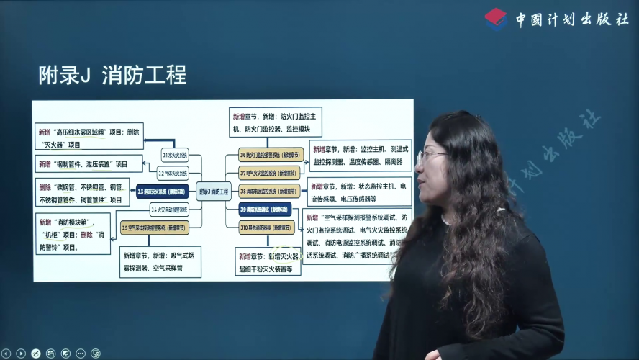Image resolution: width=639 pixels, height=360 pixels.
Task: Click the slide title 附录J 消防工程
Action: tap(112, 74)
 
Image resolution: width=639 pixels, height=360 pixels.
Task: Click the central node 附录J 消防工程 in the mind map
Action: tap(213, 192)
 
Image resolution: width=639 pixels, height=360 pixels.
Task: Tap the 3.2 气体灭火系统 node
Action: tap(173, 174)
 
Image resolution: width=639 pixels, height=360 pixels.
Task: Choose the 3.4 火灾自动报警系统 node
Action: tap(170, 210)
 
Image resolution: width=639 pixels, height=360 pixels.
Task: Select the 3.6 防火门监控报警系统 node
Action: tap(271, 155)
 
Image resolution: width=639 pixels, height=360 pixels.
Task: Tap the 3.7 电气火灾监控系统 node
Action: tap(271, 173)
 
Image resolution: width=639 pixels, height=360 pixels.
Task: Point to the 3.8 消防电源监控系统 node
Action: tap(271, 192)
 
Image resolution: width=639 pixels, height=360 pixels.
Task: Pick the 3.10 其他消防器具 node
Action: tap(267, 227)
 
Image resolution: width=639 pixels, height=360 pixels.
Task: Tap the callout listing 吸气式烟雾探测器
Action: tap(160, 262)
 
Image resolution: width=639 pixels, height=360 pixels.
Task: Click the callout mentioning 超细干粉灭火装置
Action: tap(267, 263)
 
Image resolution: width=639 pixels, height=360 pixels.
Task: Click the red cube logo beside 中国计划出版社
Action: tap(496, 19)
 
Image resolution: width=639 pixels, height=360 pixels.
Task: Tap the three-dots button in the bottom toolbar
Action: tap(80, 354)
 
